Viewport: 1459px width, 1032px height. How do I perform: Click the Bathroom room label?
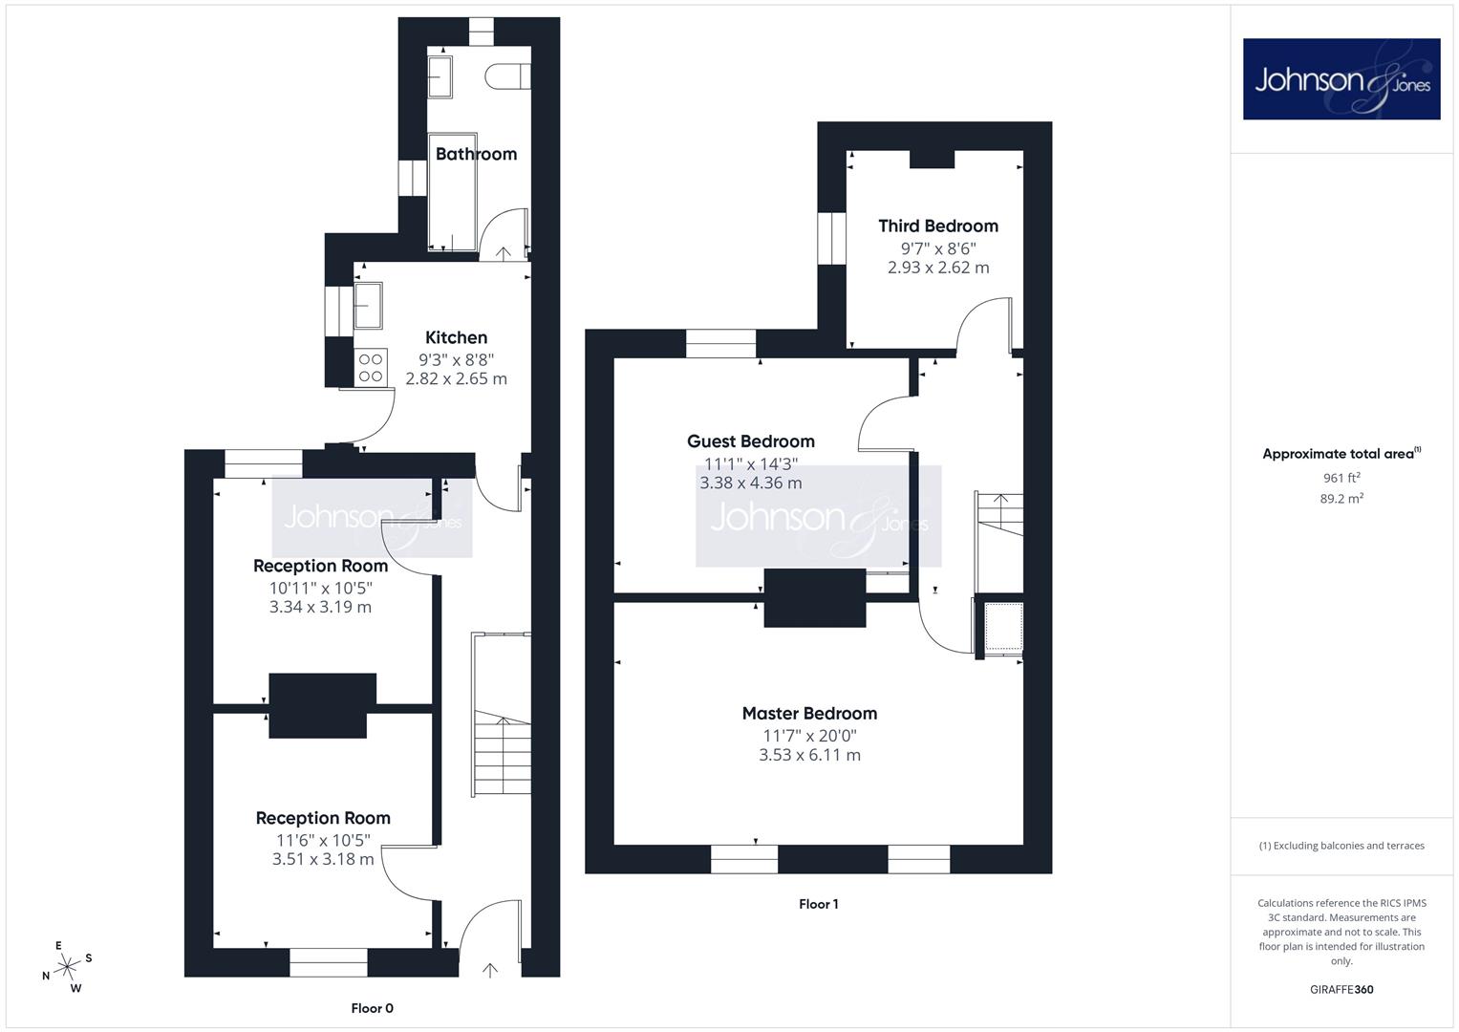coord(476,155)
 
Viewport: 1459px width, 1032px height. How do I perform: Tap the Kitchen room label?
coord(456,337)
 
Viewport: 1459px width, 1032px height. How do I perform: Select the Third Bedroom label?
coord(938,226)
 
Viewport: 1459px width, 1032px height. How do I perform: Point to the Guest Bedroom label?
coord(750,441)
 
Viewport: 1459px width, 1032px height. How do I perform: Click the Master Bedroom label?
coord(809,714)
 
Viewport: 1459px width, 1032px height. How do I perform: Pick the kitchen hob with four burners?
coord(371,368)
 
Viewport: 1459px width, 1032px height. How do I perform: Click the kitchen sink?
coord(368,306)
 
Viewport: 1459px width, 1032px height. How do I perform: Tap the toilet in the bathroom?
coord(507,76)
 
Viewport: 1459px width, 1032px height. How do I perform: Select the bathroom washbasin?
coord(440,76)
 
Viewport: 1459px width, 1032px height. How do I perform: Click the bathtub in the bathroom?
coord(453,192)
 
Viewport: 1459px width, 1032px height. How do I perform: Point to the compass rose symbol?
coord(67,966)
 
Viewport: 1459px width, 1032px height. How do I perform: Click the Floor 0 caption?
coord(372,1008)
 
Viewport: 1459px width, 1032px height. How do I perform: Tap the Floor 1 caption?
coord(818,904)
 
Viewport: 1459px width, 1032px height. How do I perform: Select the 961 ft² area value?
coord(1341,478)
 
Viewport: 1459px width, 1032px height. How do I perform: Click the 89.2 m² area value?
coord(1341,499)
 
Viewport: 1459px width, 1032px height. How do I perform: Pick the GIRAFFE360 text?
coord(1341,989)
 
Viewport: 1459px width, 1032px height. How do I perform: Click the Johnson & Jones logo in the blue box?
coord(1341,78)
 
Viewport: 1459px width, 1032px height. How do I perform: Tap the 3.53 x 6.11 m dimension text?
coord(809,755)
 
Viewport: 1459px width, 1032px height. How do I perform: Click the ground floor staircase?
coord(502,714)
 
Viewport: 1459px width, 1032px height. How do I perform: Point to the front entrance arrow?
coord(490,970)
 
